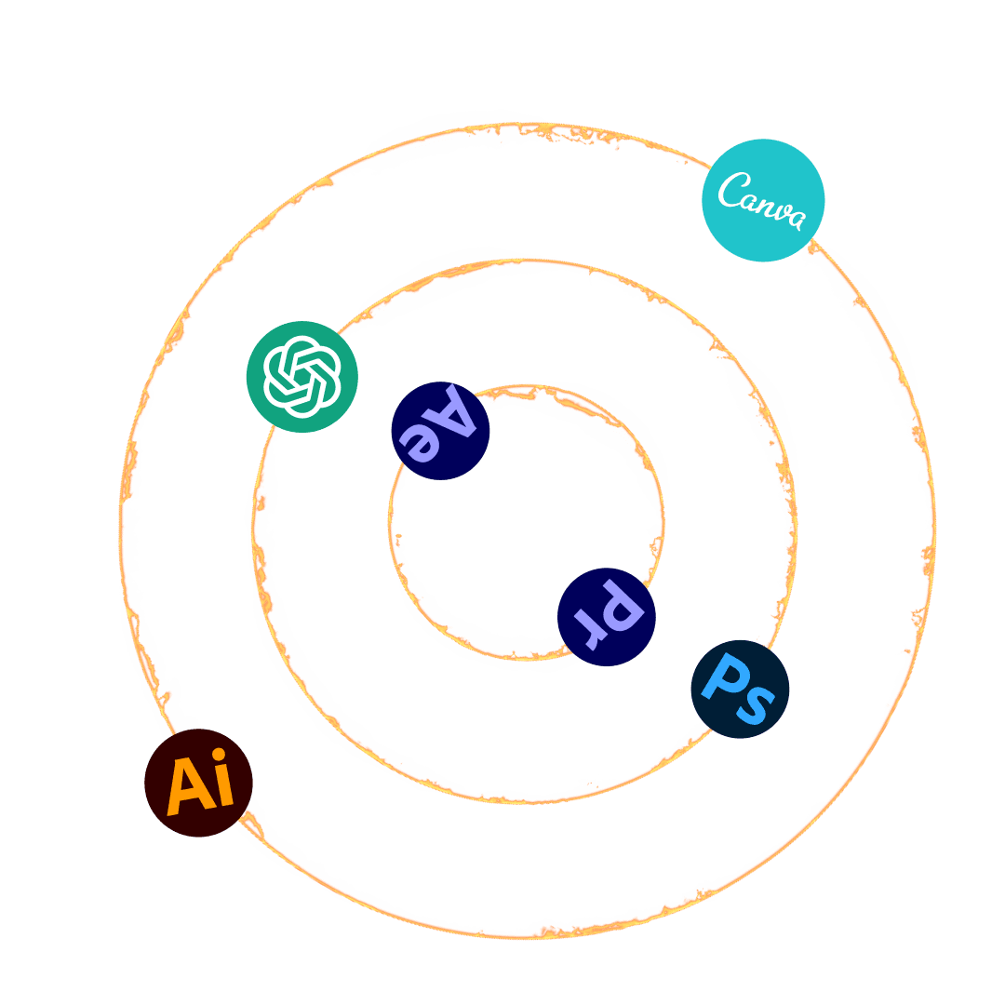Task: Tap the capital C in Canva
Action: pos(732,192)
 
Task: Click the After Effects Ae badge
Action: pos(440,430)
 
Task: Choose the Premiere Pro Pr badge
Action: pos(607,616)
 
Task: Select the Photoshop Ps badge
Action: pos(740,689)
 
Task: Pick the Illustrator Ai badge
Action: pos(198,783)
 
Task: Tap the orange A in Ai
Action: pos(187,785)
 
